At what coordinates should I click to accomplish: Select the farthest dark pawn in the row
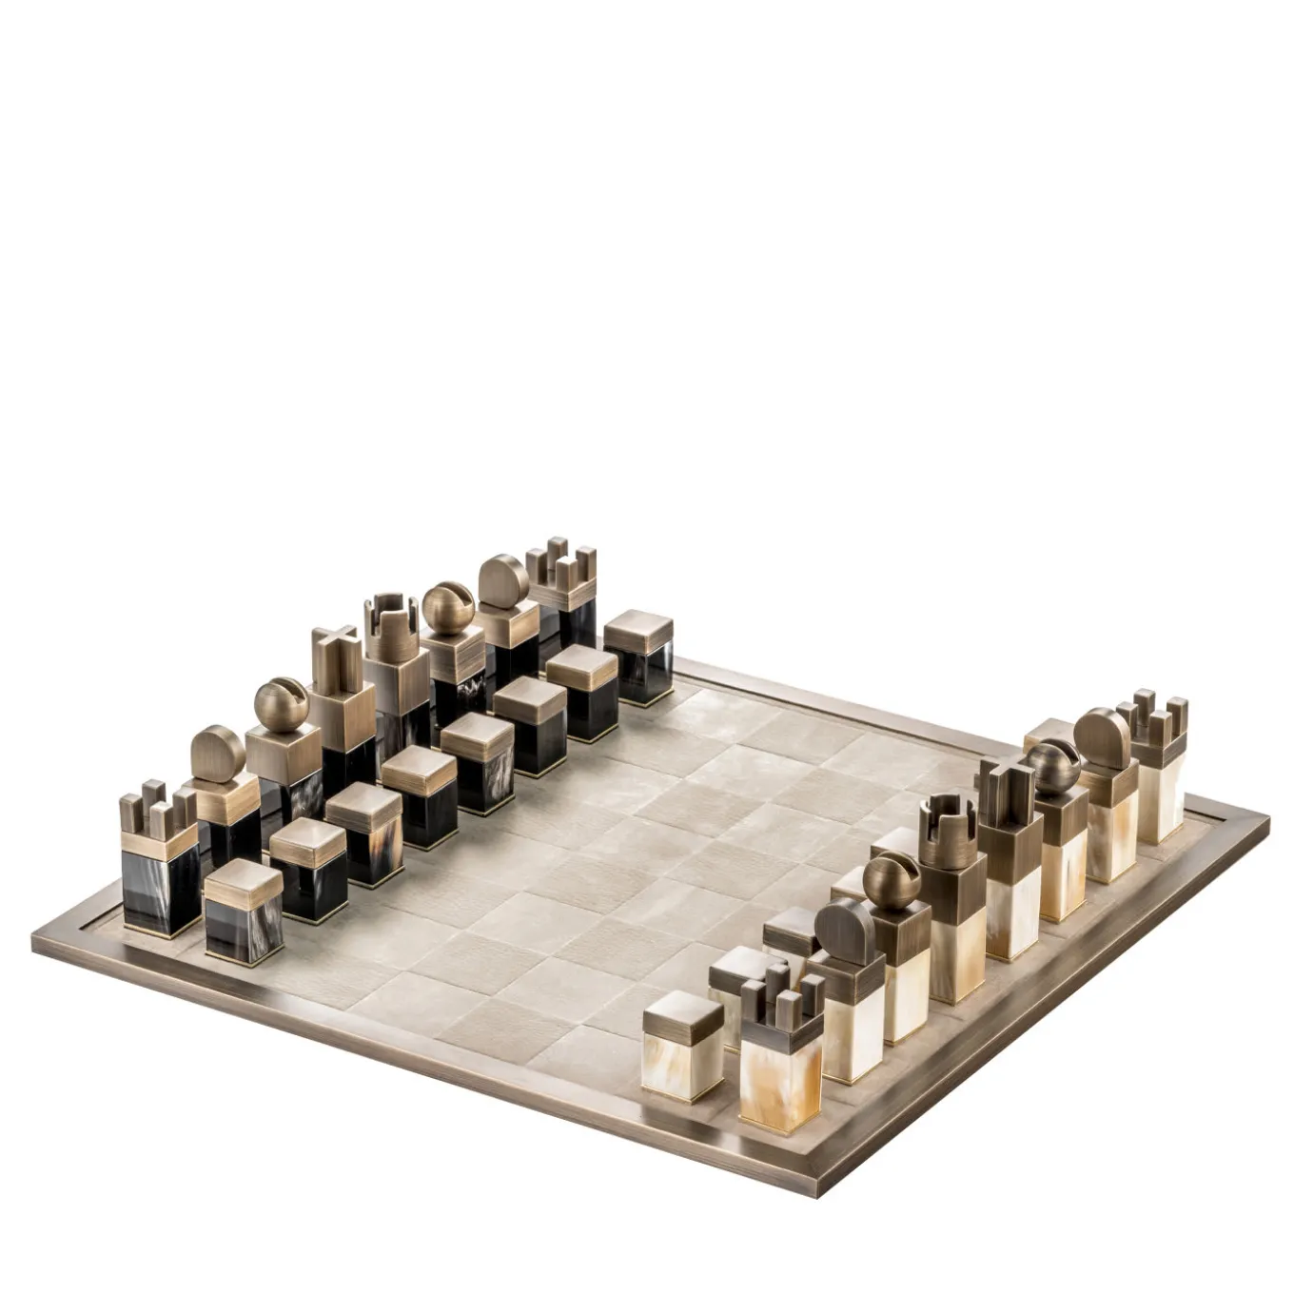click(x=638, y=657)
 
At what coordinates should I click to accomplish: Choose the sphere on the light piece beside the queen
click(x=892, y=880)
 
